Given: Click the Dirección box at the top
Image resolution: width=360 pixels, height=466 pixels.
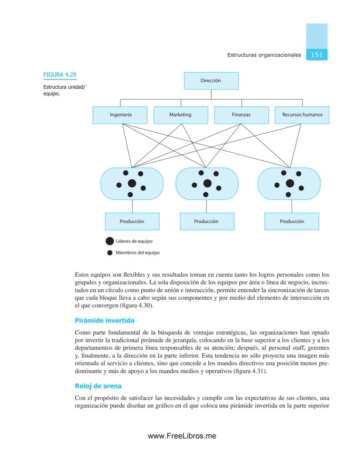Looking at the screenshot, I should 211,80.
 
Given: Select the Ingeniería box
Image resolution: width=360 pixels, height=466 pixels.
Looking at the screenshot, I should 120,115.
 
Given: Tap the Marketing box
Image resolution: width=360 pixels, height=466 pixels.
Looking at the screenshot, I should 180,115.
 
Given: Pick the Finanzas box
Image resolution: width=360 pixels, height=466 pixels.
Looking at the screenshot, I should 241,115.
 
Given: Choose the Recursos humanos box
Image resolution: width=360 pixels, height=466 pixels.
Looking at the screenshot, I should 302,115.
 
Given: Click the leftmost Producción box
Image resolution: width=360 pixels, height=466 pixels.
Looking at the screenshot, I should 132,221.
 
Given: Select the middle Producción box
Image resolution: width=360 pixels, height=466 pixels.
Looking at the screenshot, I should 207,221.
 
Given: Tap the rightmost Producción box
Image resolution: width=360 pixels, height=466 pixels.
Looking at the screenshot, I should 292,221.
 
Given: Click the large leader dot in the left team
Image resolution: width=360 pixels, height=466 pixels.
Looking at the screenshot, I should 132,184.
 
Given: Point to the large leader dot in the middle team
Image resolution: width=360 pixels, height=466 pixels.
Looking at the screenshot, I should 207,183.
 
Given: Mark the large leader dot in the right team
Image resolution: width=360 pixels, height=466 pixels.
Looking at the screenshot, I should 290,183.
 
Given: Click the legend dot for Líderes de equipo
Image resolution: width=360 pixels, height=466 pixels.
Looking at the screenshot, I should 110,241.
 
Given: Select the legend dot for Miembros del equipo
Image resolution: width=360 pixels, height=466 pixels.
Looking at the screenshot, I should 110,253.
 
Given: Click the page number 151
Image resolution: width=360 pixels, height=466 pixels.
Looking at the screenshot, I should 317,55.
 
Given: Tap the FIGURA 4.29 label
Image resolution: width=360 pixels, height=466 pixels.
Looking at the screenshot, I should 60,75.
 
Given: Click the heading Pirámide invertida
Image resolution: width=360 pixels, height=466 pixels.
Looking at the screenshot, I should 104,321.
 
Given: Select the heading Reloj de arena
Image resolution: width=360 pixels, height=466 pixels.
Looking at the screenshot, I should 98,386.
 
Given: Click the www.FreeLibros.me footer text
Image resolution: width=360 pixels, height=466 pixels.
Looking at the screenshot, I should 182,436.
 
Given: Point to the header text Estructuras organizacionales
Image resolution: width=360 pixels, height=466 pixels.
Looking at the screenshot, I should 264,55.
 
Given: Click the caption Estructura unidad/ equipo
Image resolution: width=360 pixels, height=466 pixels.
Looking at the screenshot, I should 64,90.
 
